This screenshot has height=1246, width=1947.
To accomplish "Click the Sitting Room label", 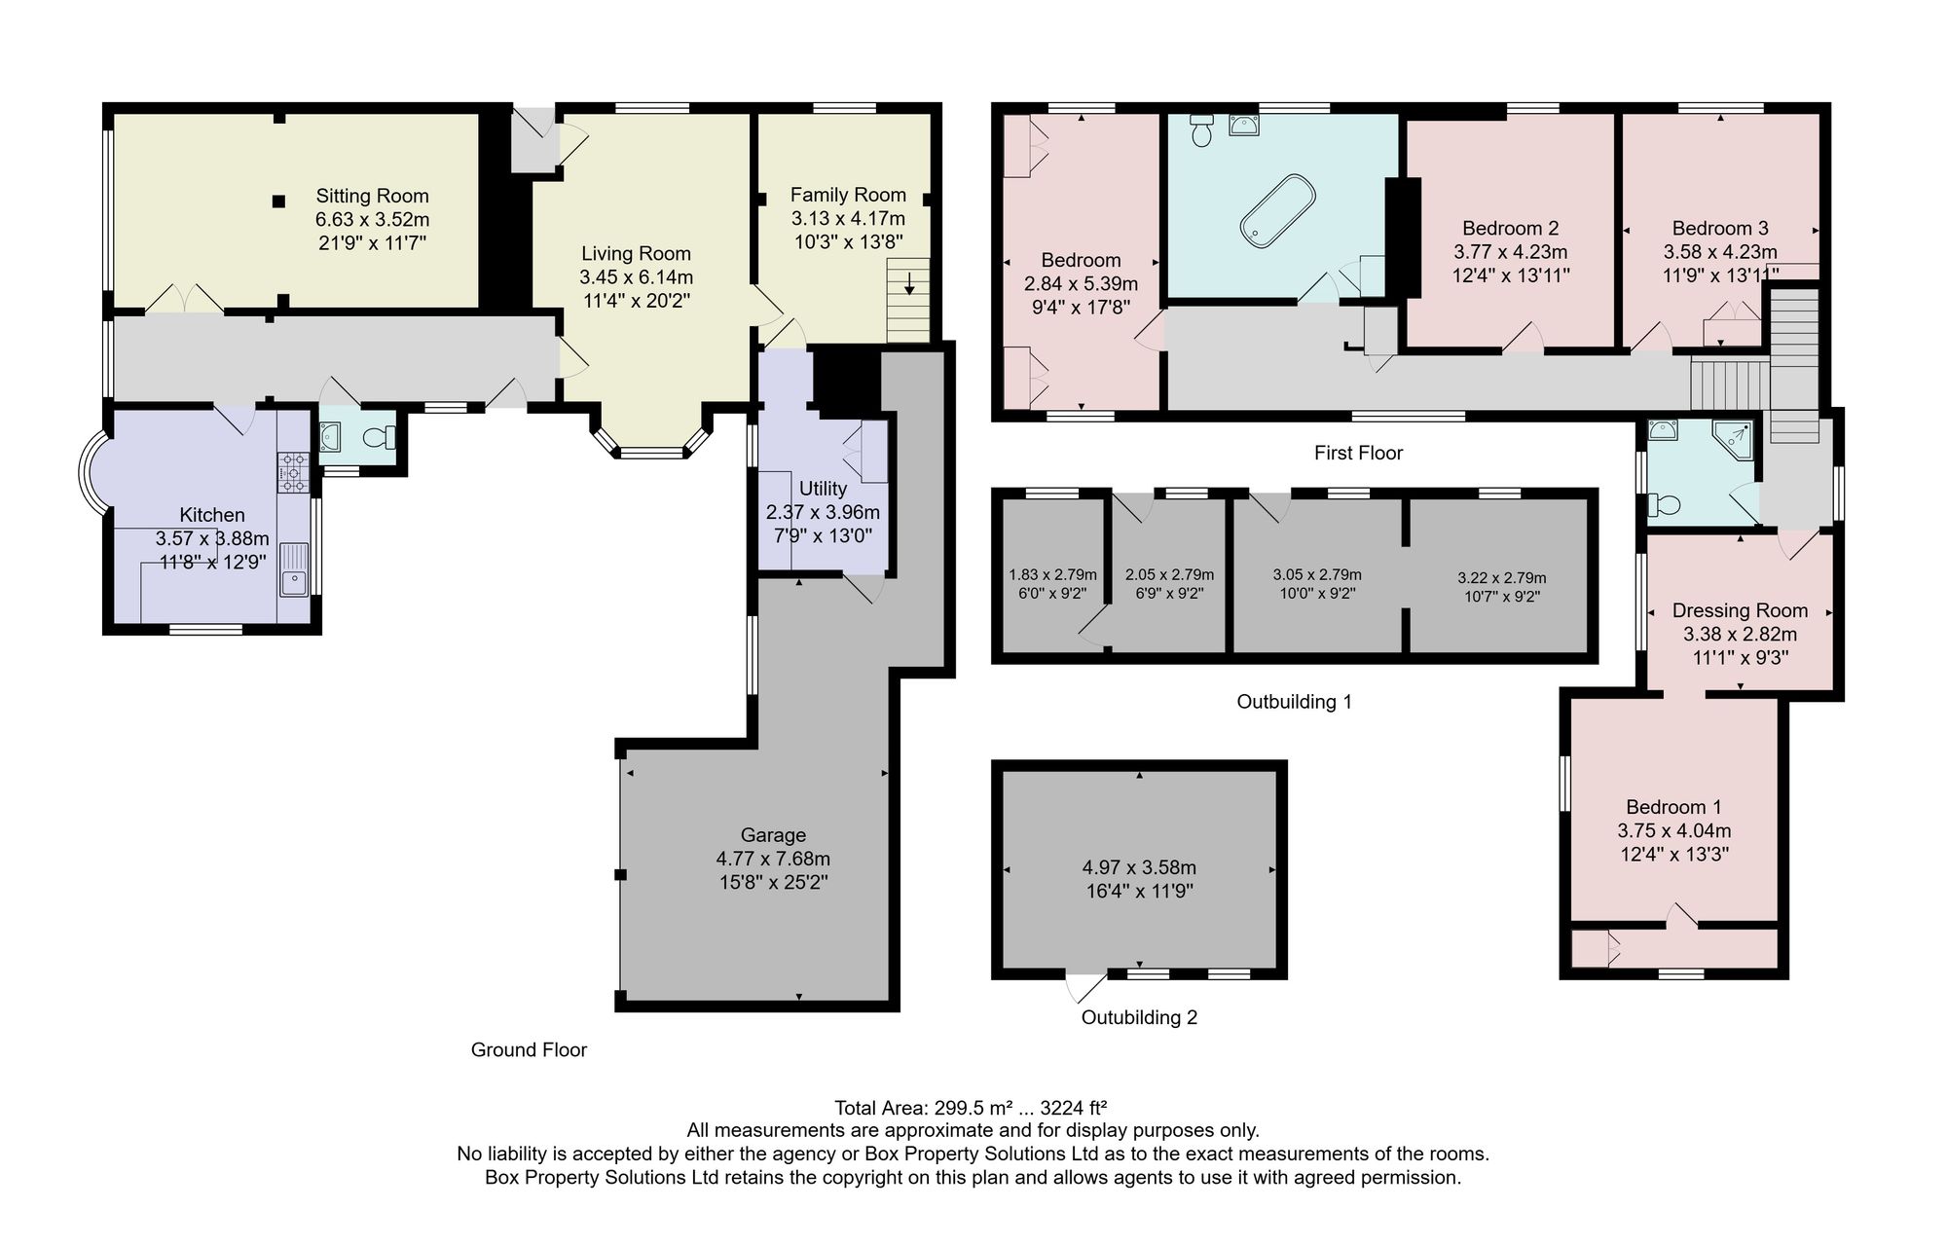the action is pyautogui.click(x=372, y=196).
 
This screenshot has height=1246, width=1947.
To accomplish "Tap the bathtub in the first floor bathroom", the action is pyautogui.click(x=1277, y=208).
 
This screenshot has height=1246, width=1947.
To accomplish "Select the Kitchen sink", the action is pyautogui.click(x=293, y=569).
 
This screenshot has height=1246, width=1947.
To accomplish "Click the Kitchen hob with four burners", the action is pyautogui.click(x=293, y=471).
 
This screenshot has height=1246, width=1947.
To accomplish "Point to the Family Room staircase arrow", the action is pyautogui.click(x=909, y=283).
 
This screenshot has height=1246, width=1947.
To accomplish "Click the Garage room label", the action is pyautogui.click(x=773, y=835).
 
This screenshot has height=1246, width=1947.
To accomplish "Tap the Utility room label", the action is pyautogui.click(x=823, y=489).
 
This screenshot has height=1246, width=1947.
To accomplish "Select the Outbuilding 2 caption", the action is pyautogui.click(x=1139, y=1017).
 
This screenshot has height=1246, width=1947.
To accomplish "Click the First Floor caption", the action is pyautogui.click(x=1358, y=453).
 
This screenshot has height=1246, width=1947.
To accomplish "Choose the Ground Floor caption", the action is pyautogui.click(x=529, y=1049).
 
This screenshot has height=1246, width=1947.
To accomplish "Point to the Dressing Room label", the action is pyautogui.click(x=1740, y=610).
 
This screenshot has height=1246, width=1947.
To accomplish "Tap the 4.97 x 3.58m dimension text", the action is pyautogui.click(x=1139, y=867).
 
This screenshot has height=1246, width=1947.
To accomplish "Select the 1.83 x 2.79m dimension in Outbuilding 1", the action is pyautogui.click(x=1052, y=574).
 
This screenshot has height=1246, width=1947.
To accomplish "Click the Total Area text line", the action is pyautogui.click(x=972, y=1108).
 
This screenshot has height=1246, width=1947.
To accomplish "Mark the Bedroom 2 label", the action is pyautogui.click(x=1510, y=228).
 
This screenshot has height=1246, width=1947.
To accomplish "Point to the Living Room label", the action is pyautogui.click(x=636, y=253).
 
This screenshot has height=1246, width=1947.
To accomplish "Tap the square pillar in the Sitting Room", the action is pyautogui.click(x=279, y=201).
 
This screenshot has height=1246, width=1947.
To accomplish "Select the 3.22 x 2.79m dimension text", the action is pyautogui.click(x=1501, y=578).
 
